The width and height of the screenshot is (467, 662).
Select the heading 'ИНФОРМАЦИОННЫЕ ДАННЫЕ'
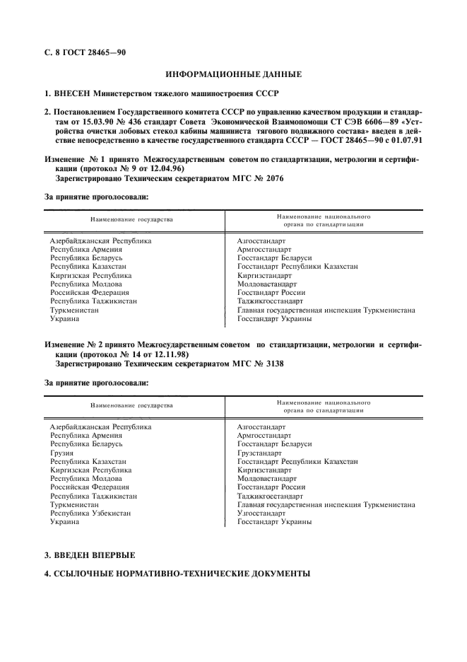tap(233, 74)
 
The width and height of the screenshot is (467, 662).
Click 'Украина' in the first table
tap(64, 318)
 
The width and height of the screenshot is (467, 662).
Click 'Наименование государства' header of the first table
tap(131, 219)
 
